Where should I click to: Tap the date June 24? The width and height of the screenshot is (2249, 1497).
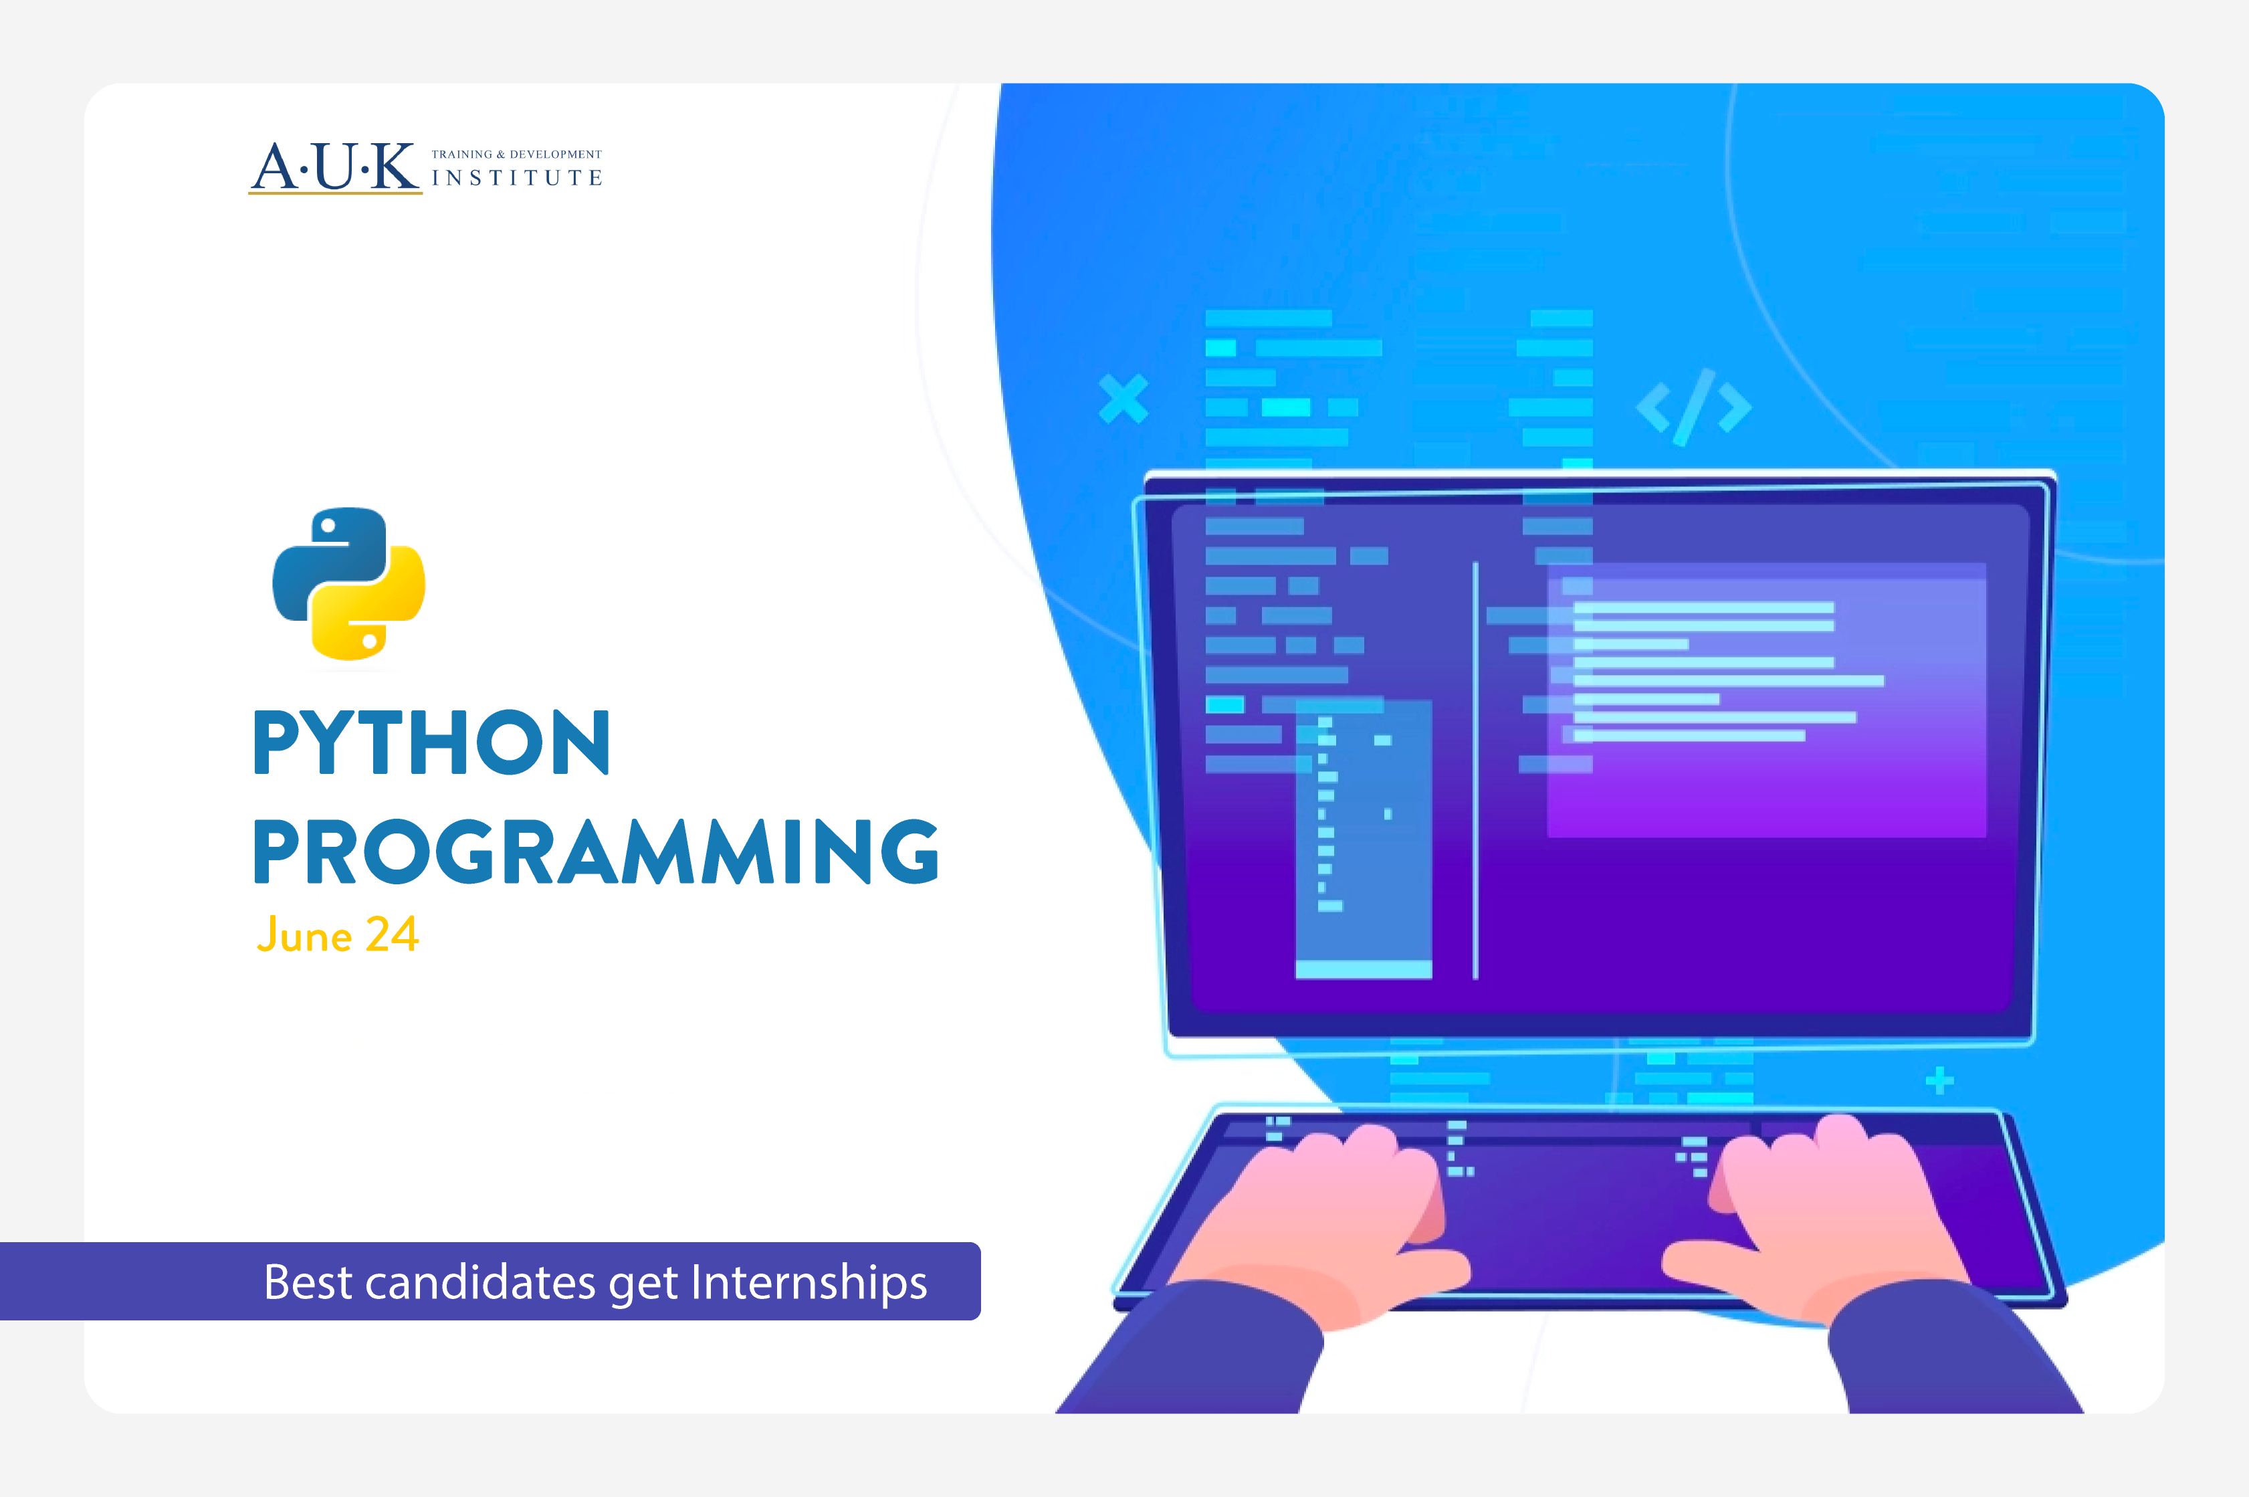338,934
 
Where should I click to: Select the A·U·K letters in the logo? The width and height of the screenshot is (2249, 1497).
335,167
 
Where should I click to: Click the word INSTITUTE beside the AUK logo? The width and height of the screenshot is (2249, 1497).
516,179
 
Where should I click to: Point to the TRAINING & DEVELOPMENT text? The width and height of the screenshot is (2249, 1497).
516,154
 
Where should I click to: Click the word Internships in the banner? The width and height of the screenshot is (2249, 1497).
809,1282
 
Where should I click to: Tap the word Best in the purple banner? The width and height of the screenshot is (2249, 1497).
308,1282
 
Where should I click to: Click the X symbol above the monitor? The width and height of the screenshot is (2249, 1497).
1123,398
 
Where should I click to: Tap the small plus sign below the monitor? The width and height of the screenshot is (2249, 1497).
1939,1081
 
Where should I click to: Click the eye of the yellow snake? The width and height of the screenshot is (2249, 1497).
369,641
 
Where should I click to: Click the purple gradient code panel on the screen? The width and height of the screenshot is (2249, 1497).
1766,764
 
